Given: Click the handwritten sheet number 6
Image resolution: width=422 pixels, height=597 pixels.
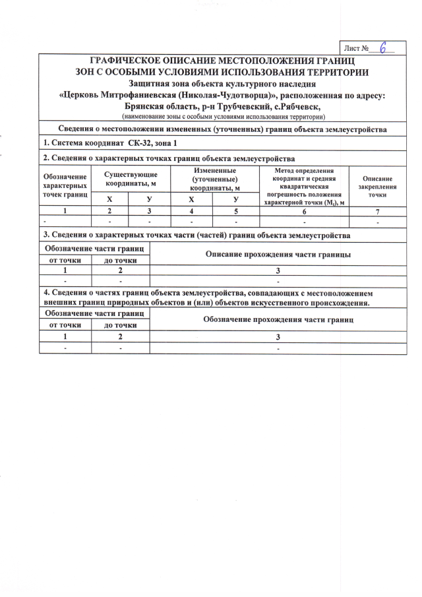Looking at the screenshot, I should (x=384, y=49).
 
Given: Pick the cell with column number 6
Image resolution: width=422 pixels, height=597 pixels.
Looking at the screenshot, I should (x=304, y=211).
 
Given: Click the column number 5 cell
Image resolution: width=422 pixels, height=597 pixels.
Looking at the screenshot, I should (x=235, y=211).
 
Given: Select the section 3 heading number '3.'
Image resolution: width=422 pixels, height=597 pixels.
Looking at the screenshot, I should (x=45, y=235).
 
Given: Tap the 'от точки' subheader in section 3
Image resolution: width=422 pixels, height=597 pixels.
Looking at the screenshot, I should (x=65, y=260).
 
